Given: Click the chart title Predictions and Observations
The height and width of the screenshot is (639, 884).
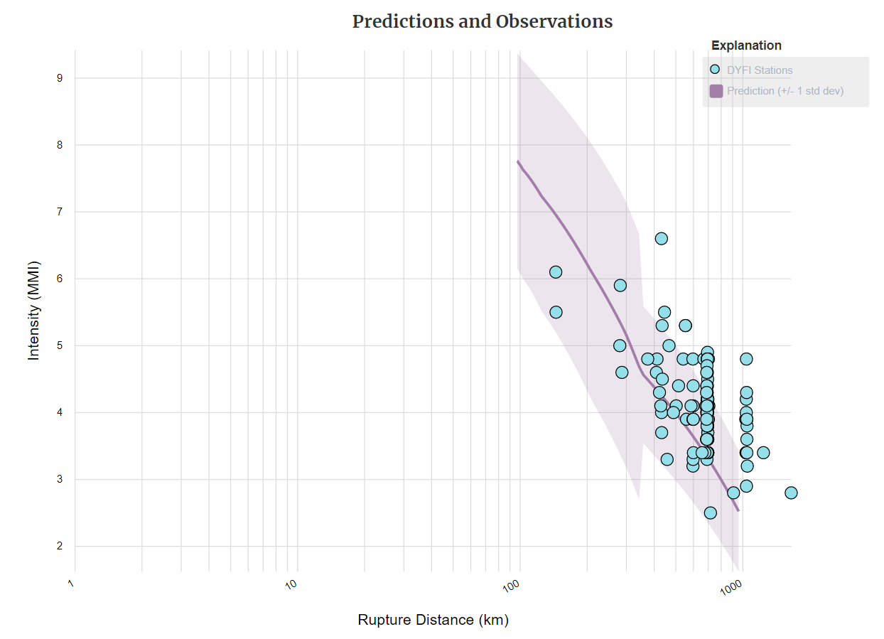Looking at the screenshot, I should pyautogui.click(x=483, y=21).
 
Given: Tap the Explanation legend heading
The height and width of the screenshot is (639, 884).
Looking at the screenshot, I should pyautogui.click(x=746, y=45).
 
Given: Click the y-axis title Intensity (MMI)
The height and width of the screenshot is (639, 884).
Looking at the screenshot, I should pyautogui.click(x=34, y=310).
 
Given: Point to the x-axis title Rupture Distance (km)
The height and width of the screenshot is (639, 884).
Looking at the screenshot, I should pyautogui.click(x=433, y=620).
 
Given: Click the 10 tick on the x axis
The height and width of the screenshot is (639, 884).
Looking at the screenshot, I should pyautogui.click(x=291, y=585).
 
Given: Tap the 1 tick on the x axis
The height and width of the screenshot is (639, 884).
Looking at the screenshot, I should pyautogui.click(x=72, y=584).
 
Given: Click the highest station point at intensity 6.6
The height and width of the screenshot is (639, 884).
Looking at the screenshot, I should pyautogui.click(x=661, y=239).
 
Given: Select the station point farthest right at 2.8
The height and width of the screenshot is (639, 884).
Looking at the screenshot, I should pyautogui.click(x=791, y=493).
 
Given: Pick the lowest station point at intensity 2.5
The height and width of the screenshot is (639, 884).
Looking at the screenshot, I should pyautogui.click(x=710, y=513).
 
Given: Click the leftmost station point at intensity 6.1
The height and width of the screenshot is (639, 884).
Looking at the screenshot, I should pyautogui.click(x=556, y=272).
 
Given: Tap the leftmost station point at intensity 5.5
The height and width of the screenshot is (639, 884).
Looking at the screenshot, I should pyautogui.click(x=556, y=312).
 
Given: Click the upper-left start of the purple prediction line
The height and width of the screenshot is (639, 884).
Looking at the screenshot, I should pyautogui.click(x=519, y=162).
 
